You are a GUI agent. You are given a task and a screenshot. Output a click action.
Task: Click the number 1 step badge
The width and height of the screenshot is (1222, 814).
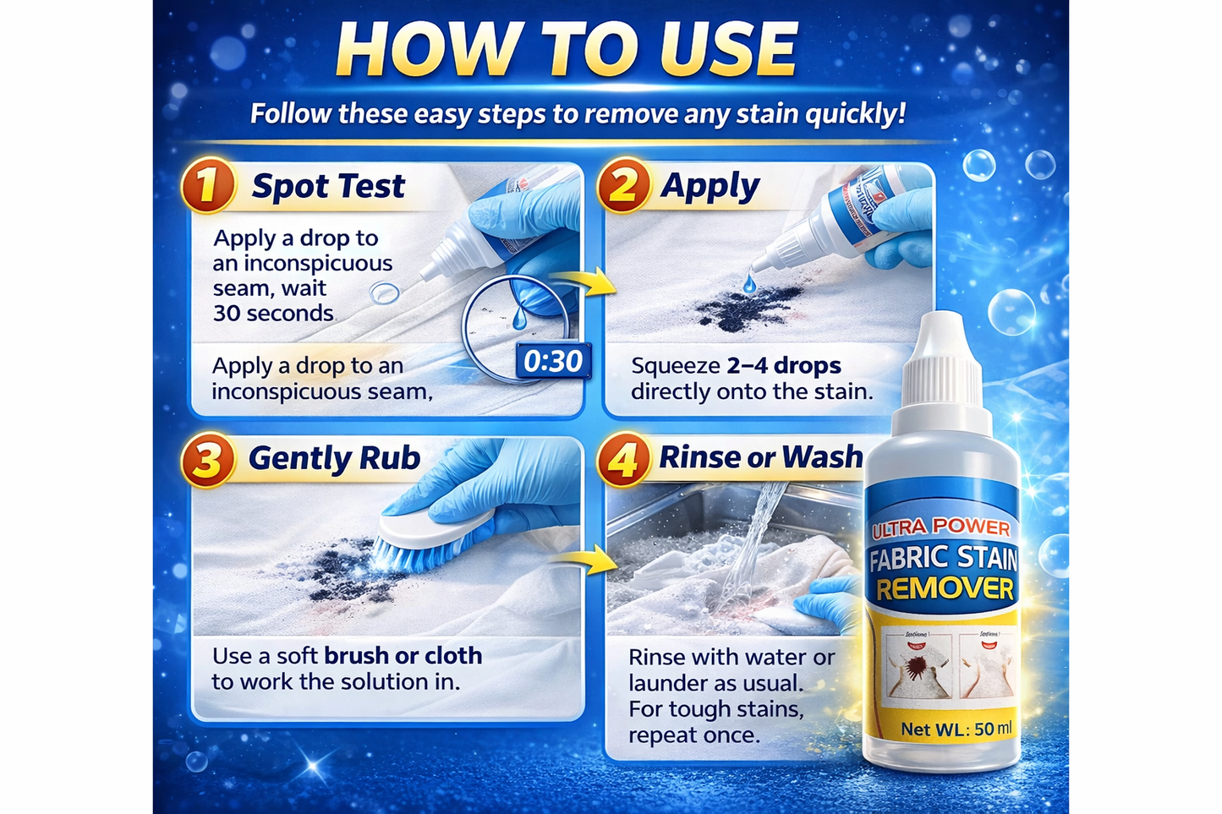pyautogui.click(x=207, y=185)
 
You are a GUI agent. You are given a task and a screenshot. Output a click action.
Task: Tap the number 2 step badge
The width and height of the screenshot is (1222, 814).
pyautogui.click(x=623, y=185)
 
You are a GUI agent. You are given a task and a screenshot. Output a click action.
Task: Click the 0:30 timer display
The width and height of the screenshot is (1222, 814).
pyautogui.click(x=552, y=362)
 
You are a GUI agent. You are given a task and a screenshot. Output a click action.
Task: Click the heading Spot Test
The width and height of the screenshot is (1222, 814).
pyautogui.click(x=328, y=186)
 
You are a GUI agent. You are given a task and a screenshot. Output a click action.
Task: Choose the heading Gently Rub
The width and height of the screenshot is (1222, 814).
pyautogui.click(x=334, y=458)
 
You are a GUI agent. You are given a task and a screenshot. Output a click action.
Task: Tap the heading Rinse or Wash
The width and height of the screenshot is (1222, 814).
pyautogui.click(x=760, y=457)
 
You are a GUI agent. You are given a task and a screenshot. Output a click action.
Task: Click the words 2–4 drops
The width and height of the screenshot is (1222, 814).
pyautogui.click(x=783, y=366)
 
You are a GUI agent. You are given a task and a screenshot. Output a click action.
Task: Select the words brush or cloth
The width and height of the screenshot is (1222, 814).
pyautogui.click(x=403, y=656)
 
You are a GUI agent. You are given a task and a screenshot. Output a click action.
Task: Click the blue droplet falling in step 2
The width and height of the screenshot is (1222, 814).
pyautogui.click(x=748, y=284)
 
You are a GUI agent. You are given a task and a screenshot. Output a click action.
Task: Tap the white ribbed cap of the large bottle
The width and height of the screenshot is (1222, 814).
pyautogui.click(x=943, y=355)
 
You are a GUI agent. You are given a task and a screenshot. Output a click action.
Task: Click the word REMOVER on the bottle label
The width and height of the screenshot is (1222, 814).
pyautogui.click(x=944, y=589)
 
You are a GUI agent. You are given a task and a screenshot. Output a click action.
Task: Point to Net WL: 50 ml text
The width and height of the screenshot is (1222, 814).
pyautogui.click(x=956, y=729)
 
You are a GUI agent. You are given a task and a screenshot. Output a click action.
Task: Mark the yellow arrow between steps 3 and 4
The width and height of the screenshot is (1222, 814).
pyautogui.click(x=589, y=559)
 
